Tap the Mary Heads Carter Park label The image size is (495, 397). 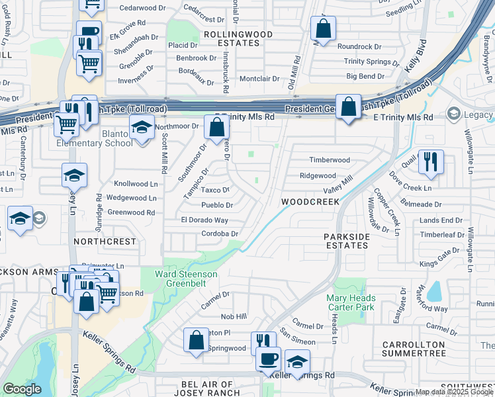click(350, 302)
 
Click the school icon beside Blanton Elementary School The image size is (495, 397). click(141, 126)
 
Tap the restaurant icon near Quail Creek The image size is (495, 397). click(431, 160)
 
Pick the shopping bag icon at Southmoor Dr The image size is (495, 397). click(216, 127)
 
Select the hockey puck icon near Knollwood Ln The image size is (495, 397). click(74, 175)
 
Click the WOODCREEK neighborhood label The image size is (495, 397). click(310, 201)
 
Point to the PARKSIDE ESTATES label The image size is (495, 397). click(346, 241)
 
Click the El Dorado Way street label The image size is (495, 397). click(204, 220)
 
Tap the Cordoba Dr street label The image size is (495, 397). click(219, 234)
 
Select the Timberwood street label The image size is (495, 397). click(330, 160)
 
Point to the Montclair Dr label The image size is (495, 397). click(259, 78)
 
